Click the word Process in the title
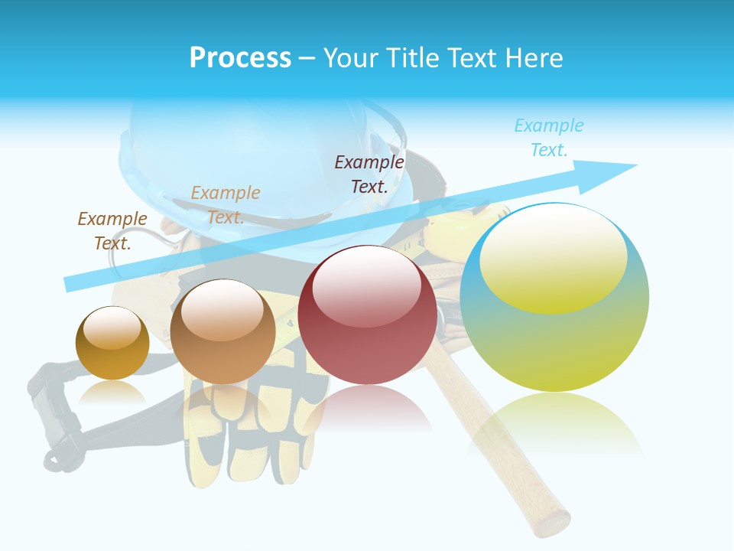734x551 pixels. (240, 58)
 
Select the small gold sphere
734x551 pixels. (112, 343)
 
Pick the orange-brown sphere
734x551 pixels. (222, 331)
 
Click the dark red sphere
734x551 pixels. (367, 315)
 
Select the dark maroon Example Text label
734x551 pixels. (369, 174)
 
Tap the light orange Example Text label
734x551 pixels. (226, 204)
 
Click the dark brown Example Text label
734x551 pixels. (112, 230)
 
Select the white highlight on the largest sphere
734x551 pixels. (553, 256)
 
